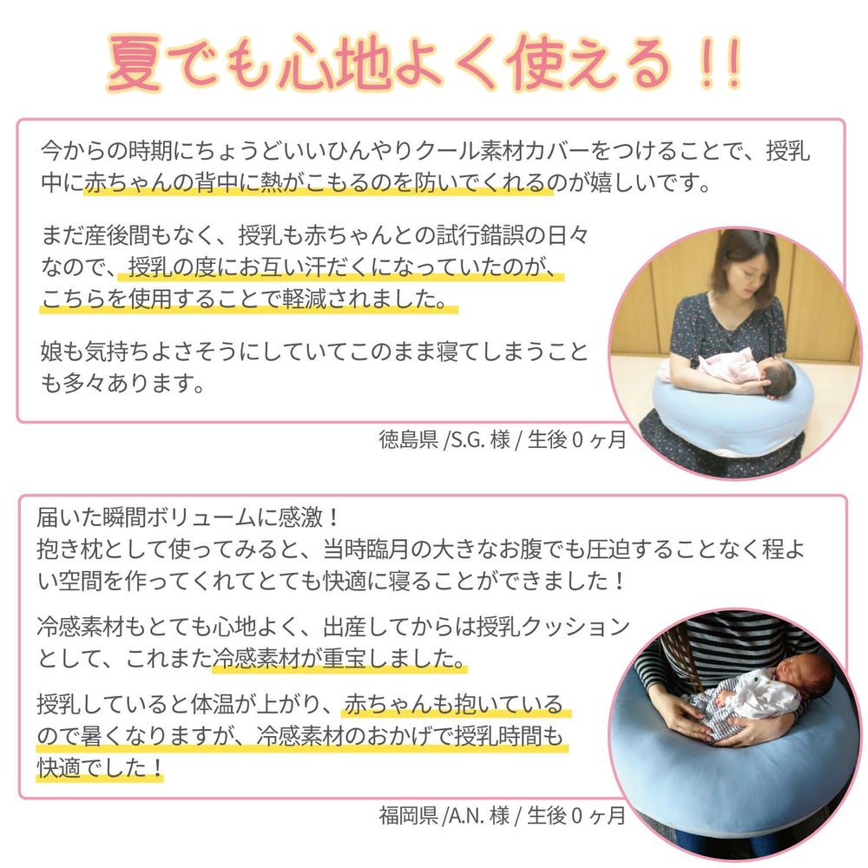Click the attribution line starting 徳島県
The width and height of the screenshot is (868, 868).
tap(502, 439)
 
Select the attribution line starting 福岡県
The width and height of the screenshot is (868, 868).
tap(502, 815)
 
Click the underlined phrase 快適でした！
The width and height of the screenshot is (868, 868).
tap(100, 767)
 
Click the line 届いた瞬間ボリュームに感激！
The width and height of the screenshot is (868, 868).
tap(187, 518)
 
